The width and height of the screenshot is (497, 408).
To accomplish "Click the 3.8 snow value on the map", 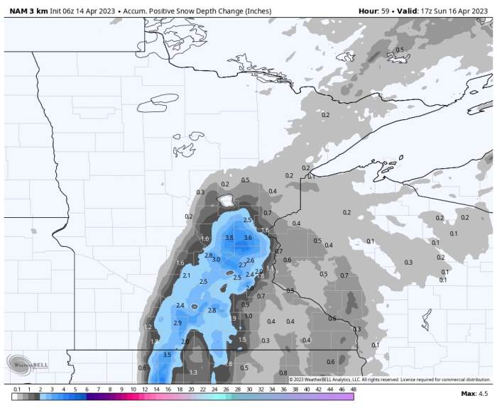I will point(229,238).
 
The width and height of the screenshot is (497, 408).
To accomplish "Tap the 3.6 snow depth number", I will point(248,238).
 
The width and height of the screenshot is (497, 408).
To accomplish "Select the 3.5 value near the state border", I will point(167,354).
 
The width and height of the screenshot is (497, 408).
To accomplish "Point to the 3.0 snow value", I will point(216,260).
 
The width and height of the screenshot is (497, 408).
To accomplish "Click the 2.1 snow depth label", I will point(186,275).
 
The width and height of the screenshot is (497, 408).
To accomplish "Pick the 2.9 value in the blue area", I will point(177,323).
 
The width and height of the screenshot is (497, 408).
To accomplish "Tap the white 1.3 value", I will point(193,373).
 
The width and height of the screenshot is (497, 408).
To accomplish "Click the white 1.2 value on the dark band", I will point(148,327).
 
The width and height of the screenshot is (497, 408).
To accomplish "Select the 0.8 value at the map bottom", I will point(283,373).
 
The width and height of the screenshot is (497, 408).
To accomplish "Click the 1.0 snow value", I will point(248,316).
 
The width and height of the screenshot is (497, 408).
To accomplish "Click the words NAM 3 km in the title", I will point(28,11).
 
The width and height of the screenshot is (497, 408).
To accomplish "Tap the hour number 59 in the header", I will point(385,11).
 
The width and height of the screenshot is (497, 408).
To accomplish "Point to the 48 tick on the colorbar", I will point(353,390).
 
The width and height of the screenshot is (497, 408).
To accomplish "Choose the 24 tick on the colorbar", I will point(214,390).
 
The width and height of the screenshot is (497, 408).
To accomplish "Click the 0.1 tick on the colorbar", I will point(16,390).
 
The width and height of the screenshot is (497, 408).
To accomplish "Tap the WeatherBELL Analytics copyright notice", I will point(389,380).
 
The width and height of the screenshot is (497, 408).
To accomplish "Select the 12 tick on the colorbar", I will point(144,390).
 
